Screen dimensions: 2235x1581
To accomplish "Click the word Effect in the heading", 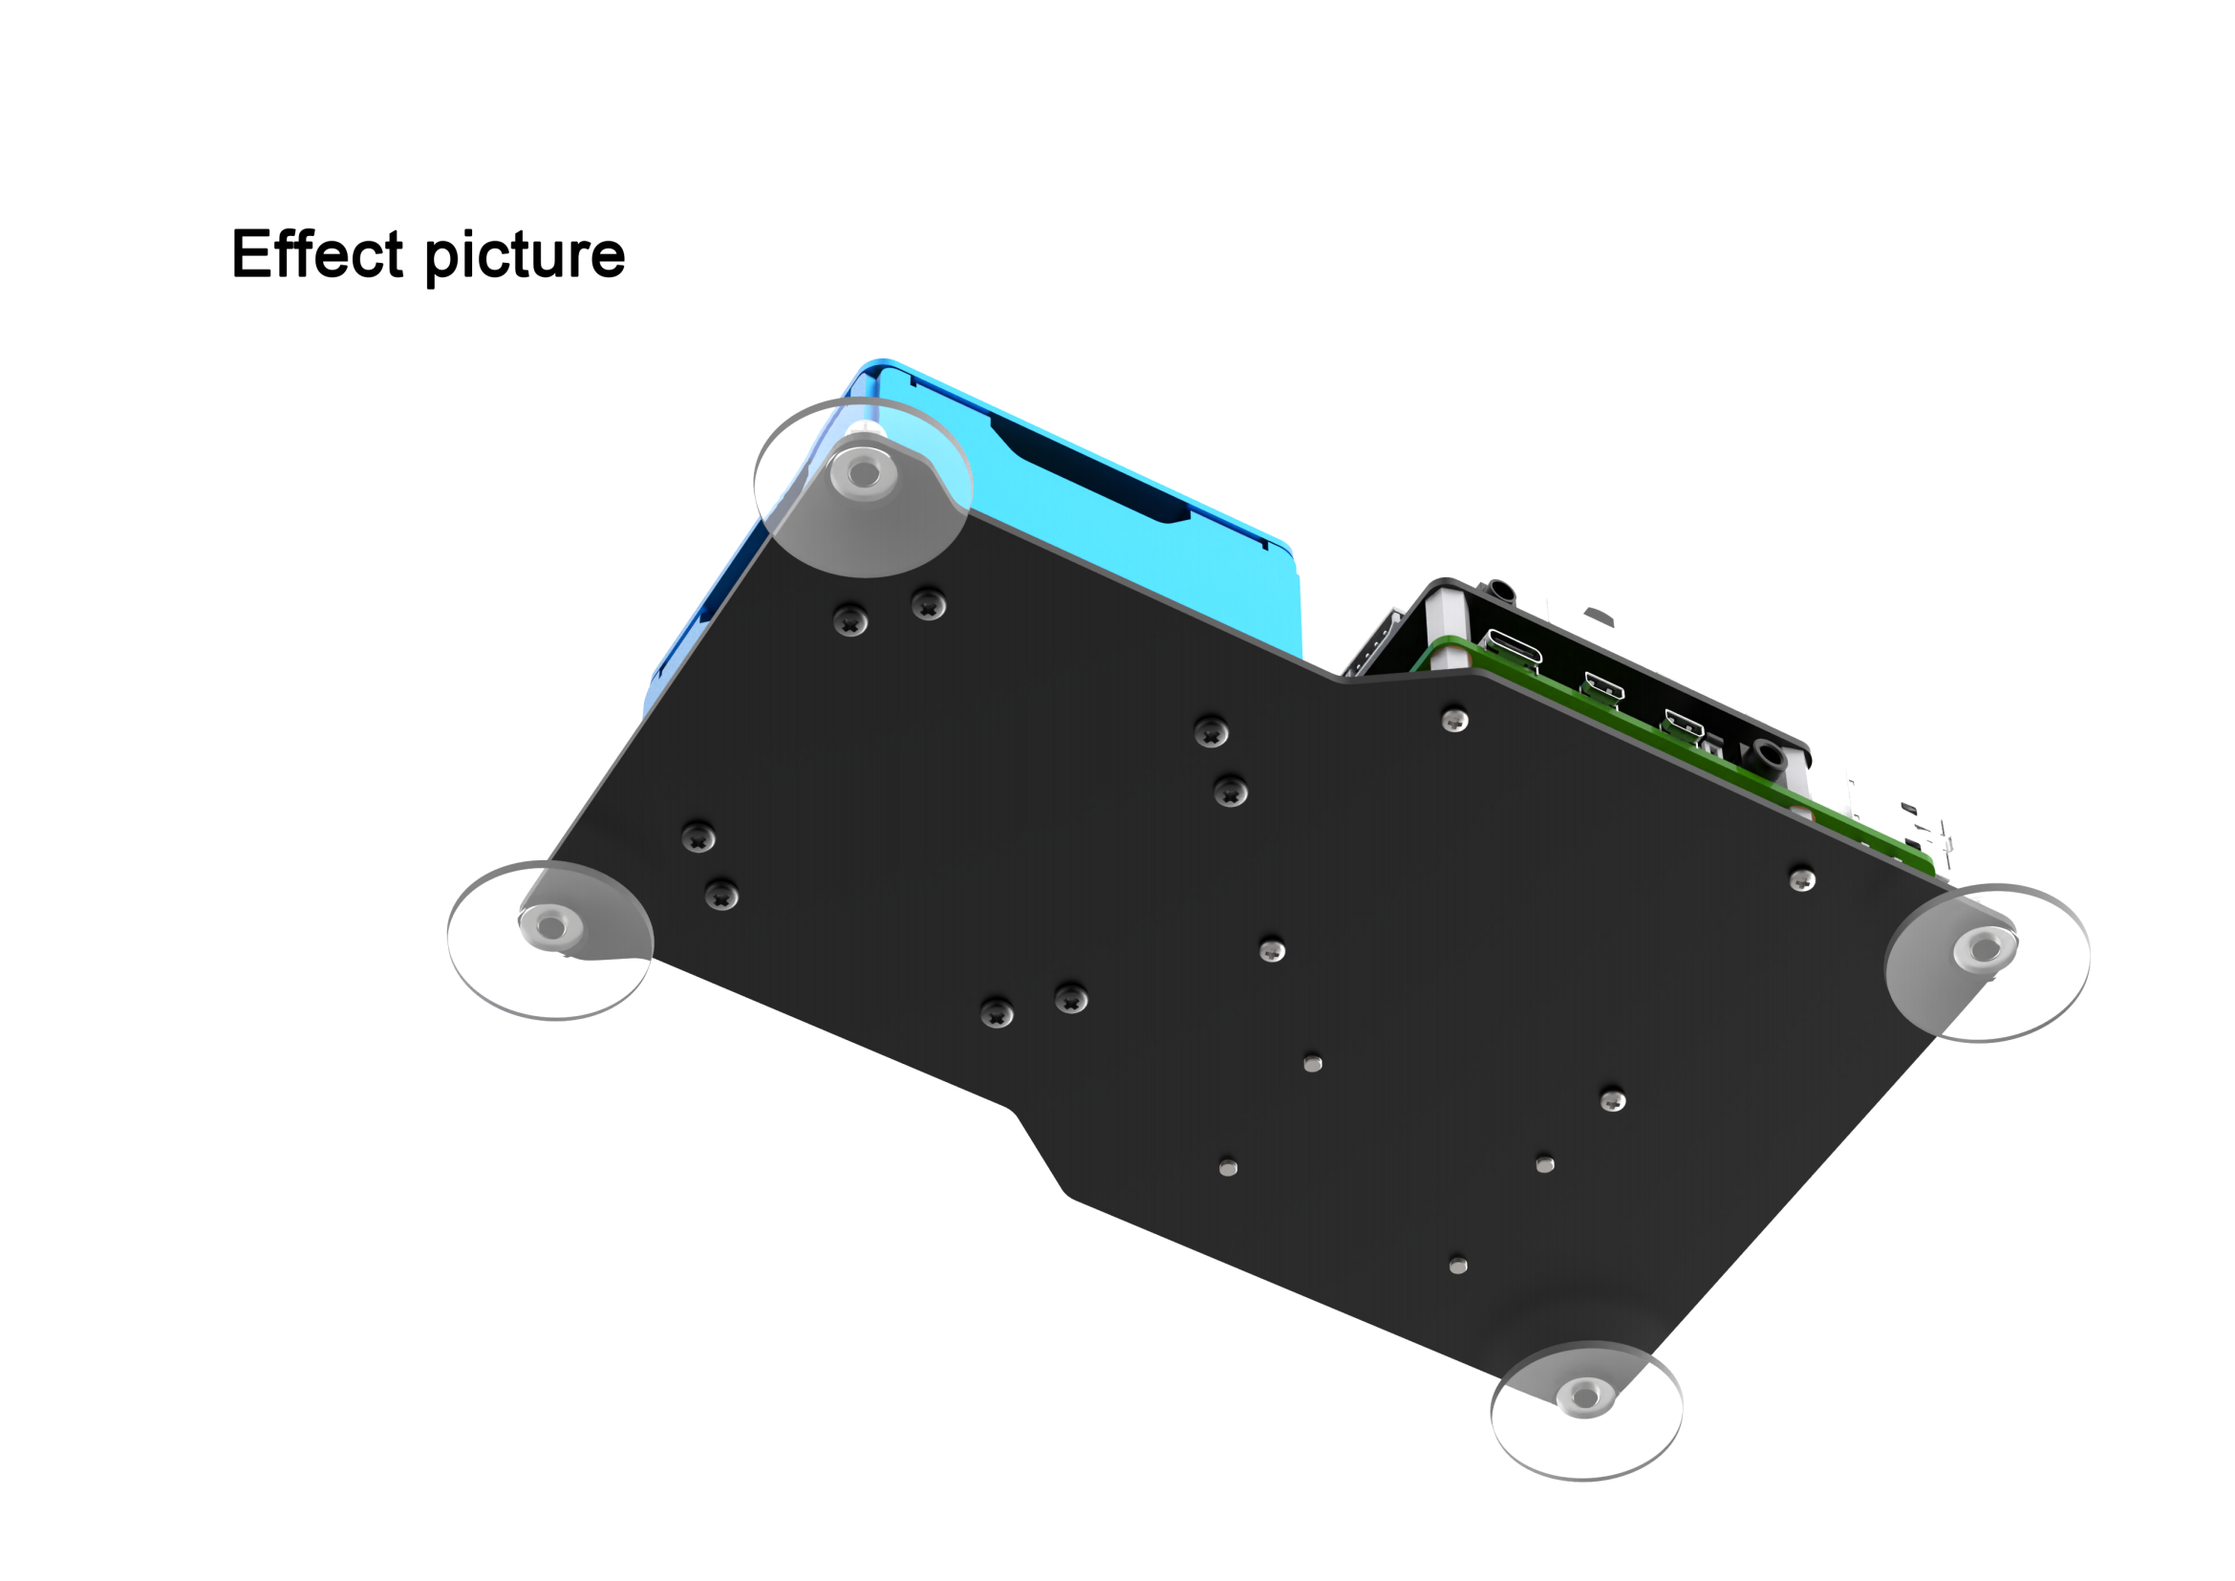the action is pos(316,254).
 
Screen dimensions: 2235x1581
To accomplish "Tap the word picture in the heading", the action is pos(525,258).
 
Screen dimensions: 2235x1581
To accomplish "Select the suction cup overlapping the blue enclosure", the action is pos(863,487).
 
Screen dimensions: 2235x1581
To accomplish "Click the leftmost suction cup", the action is pos(550,940).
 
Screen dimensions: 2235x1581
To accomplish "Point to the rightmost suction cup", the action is pos(1987,963).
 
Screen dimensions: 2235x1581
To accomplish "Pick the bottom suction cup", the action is pos(1586,1411).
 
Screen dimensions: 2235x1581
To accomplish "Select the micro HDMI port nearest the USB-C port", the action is pos(1603,685).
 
